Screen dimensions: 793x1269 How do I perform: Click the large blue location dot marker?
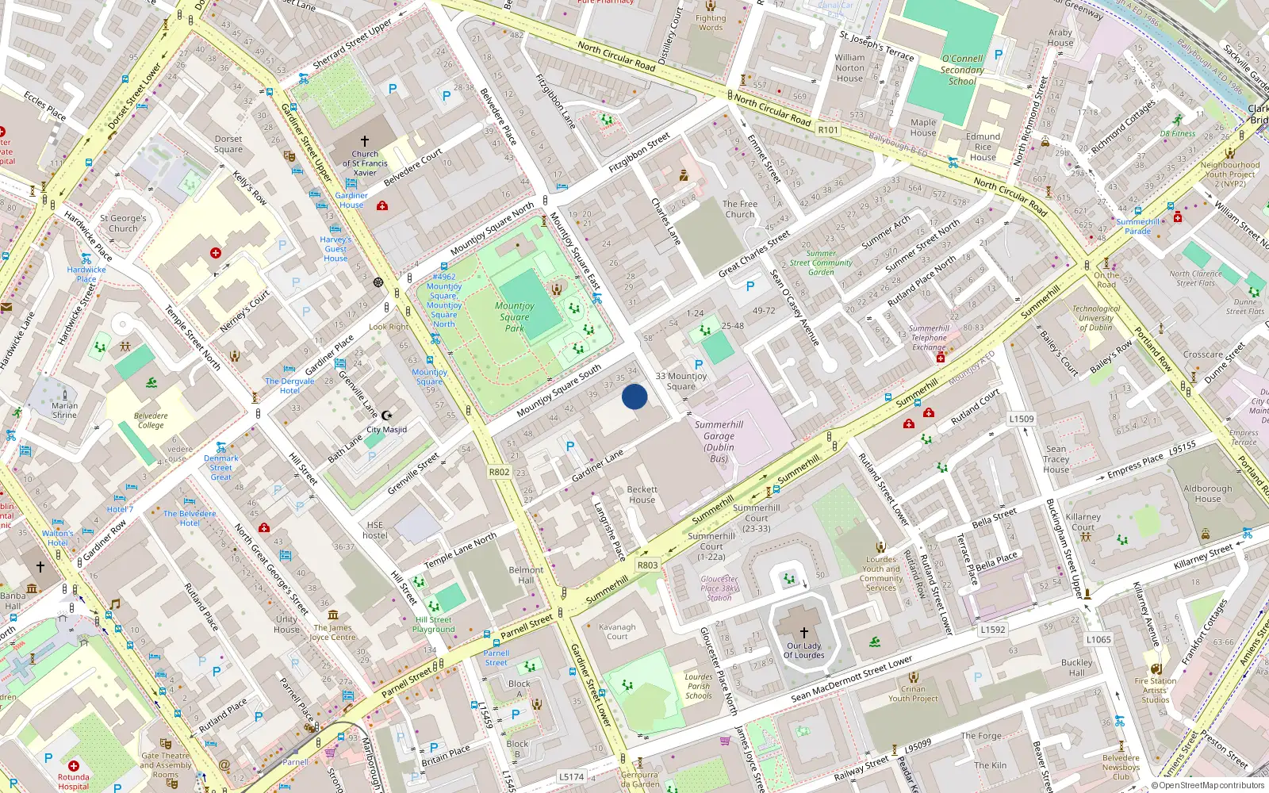pos(634,396)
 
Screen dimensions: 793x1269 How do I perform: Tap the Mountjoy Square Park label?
pos(514,316)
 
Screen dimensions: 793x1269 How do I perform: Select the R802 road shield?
pos(499,472)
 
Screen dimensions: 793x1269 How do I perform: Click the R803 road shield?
pos(648,565)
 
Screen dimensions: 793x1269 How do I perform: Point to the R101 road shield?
pos(828,129)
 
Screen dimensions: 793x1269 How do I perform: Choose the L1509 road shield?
pos(1022,419)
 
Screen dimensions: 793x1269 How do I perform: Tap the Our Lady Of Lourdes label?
pos(804,650)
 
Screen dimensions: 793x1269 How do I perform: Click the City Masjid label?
pos(386,430)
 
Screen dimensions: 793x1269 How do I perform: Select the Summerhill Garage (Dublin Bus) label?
pos(719,442)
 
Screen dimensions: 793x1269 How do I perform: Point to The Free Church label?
pos(739,209)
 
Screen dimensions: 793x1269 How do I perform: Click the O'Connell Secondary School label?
pos(962,70)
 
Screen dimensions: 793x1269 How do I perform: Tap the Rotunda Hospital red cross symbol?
pos(74,766)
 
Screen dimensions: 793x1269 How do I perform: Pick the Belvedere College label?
pos(151,420)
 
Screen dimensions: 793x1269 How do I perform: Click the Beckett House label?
pos(642,495)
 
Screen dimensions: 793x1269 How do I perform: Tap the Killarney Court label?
pos(1083,522)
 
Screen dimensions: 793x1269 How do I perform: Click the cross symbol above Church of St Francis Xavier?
pos(365,141)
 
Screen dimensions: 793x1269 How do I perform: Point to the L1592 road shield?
pos(992,630)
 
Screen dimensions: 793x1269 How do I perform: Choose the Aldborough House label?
pos(1207,493)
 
